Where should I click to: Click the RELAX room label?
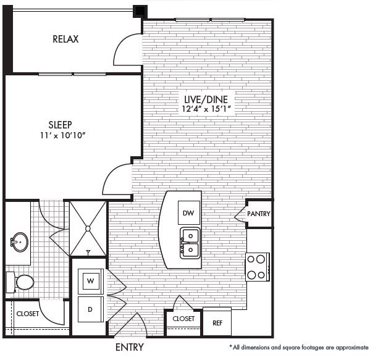65,40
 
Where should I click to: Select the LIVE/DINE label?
206,99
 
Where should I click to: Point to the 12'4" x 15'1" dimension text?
206,109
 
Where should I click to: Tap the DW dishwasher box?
189,213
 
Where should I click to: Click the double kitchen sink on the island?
190,243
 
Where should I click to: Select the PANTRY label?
259,214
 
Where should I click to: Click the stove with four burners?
257,267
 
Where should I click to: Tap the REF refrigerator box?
217,322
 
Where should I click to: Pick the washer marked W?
90,280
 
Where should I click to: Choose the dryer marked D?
90,309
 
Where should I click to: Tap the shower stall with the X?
88,228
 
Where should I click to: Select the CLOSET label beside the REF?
183,319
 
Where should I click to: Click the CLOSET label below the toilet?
27,314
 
